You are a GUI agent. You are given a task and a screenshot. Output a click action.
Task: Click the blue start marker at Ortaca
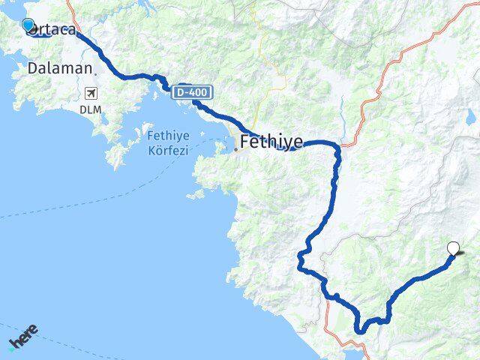point(28,25)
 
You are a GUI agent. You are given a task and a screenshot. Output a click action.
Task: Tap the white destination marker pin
point(453,248)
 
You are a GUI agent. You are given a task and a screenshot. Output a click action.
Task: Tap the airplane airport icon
point(92,94)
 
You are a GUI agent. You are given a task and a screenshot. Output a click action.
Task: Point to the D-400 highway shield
point(191,92)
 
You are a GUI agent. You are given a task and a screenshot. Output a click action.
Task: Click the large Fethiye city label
point(271,141)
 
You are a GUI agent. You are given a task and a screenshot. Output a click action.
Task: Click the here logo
point(22,337)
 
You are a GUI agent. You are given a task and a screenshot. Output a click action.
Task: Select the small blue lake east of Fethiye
point(470,116)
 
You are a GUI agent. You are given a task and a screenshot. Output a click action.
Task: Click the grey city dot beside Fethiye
point(236,148)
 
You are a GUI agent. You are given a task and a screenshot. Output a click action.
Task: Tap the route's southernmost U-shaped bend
point(361,328)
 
